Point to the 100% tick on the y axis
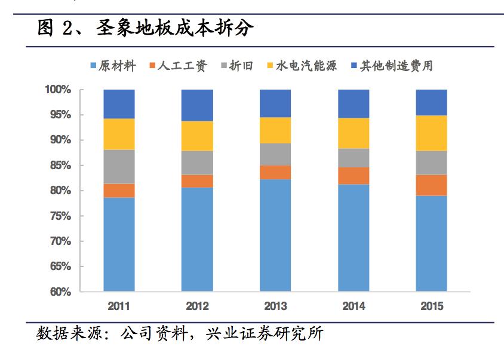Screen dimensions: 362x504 coord(58,90)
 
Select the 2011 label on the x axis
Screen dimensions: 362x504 coord(119,306)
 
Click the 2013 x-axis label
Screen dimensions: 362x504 coord(275,306)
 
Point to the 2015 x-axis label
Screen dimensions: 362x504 coord(431,306)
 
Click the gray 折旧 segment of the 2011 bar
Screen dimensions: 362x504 coord(119,167)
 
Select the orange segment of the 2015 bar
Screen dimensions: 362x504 coord(431,185)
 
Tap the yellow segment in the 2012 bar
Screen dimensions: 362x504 coord(197,136)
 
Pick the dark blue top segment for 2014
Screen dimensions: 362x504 coord(354,103)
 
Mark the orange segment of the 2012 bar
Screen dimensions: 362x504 coord(197,181)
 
